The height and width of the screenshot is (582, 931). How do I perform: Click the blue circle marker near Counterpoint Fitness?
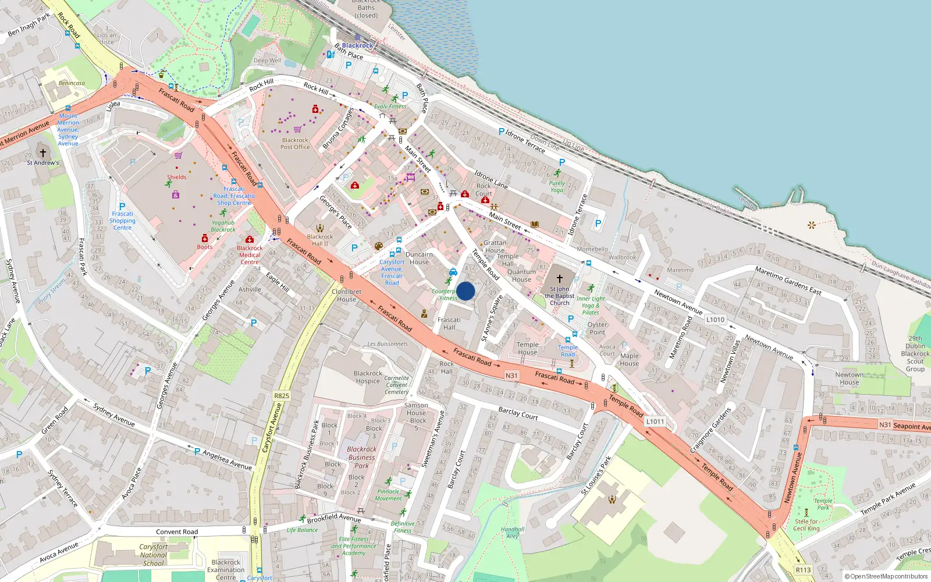tap(465, 291)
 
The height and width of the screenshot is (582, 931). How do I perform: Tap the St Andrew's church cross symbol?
tap(42, 153)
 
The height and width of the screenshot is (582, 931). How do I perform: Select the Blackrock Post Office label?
tap(295, 143)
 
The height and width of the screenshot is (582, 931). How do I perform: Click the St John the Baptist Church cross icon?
tap(560, 279)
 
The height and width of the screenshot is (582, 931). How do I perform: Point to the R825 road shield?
tap(282, 396)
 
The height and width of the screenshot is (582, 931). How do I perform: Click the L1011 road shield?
tap(655, 421)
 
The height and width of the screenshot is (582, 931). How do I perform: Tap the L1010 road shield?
tap(715, 320)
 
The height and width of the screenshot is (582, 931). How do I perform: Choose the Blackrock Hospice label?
tap(368, 377)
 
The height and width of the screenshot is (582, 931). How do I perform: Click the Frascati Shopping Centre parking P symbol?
tap(122, 207)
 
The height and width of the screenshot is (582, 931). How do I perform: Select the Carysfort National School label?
tap(153, 555)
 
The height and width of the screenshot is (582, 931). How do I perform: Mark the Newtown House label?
tap(849, 378)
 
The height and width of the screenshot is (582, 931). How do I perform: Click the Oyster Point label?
tap(597, 328)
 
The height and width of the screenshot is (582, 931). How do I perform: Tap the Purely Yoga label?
tap(557, 186)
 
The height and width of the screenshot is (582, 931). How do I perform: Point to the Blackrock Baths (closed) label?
tap(366, 8)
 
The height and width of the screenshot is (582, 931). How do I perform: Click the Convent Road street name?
tap(177, 532)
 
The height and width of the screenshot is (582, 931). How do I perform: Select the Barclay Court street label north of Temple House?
tap(518, 413)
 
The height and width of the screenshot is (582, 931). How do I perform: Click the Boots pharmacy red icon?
tap(205, 239)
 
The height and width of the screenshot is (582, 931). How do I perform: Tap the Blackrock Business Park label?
tap(361, 457)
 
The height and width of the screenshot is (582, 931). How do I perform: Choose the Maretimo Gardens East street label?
tap(788, 281)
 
